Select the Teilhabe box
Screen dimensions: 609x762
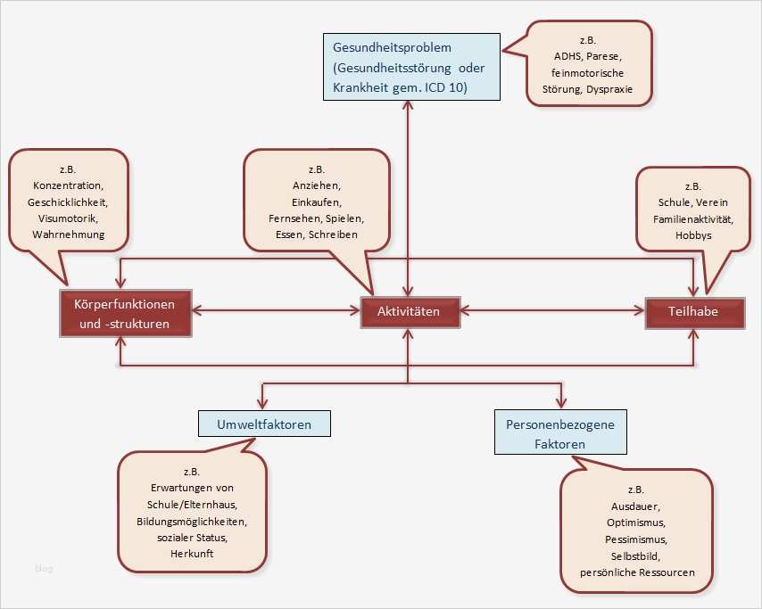pos(695,312)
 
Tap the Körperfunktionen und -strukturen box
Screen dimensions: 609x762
pos(124,313)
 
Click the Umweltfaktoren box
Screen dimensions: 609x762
pos(264,424)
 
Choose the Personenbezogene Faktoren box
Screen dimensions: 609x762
pos(560,432)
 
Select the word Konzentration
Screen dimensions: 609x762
pos(69,187)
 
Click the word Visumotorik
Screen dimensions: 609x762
pos(69,218)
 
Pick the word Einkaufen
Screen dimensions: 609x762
pos(316,202)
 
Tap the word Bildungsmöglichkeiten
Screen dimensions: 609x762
pos(191,521)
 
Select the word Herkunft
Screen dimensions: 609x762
pos(191,553)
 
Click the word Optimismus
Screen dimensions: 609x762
pos(635,523)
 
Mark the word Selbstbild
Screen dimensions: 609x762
pos(635,556)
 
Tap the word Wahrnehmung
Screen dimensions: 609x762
pos(69,235)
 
